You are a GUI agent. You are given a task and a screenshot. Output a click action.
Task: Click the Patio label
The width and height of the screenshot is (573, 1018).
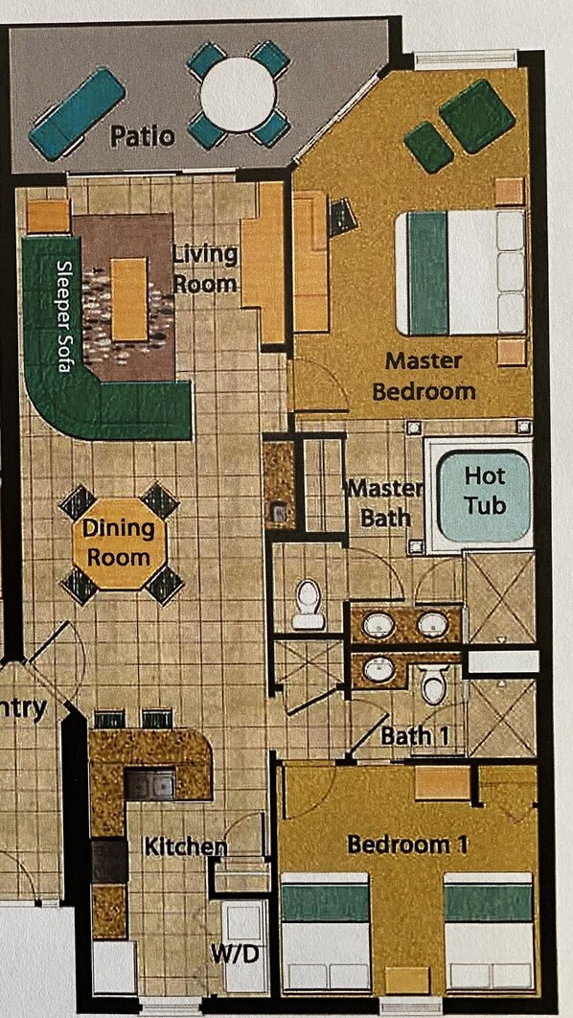point(142,137)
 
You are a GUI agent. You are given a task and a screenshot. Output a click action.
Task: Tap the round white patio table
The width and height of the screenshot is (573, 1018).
point(239,95)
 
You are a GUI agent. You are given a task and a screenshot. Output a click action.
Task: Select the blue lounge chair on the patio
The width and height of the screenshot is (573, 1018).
point(78,114)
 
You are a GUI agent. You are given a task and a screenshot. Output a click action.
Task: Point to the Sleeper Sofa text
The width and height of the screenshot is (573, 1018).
point(63,315)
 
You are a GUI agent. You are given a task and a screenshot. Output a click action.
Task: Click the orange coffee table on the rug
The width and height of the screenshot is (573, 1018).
point(129,299)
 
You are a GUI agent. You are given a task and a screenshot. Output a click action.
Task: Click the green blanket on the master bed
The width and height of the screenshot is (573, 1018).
point(428,272)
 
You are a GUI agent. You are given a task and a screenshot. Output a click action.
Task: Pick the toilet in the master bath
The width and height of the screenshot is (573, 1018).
point(308,605)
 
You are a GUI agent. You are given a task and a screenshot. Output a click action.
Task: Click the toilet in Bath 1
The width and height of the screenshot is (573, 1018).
point(433,683)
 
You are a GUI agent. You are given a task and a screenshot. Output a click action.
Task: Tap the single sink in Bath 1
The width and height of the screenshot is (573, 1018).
point(379,669)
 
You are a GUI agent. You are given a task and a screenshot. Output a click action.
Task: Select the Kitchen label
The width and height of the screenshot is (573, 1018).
point(186,846)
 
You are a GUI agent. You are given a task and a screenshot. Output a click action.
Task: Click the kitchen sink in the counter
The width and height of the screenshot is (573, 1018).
point(149,784)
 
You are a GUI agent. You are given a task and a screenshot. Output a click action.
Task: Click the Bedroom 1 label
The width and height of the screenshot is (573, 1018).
point(407,844)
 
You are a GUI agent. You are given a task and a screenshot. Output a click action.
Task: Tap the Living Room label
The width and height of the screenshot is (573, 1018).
point(205,268)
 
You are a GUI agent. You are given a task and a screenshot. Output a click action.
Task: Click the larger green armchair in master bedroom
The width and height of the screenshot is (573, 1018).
point(477,116)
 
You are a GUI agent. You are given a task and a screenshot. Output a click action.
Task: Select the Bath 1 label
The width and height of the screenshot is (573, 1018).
point(414,736)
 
